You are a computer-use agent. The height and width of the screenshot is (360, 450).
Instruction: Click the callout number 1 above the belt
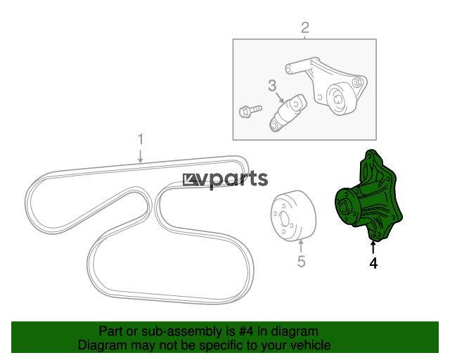pyautogui.click(x=141, y=139)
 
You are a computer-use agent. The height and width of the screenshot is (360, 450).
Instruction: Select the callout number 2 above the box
pyautogui.click(x=305, y=27)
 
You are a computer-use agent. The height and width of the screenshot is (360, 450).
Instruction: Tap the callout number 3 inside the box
pyautogui.click(x=272, y=85)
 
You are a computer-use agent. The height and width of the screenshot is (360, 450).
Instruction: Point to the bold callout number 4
pyautogui.click(x=373, y=263)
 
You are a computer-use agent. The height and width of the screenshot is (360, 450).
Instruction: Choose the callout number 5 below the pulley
pyautogui.click(x=302, y=262)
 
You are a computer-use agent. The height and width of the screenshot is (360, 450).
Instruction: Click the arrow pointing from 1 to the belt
pyautogui.click(x=141, y=156)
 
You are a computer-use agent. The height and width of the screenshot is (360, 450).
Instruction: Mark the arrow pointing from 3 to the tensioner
pyautogui.click(x=280, y=98)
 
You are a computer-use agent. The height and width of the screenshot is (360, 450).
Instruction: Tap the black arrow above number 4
pyautogui.click(x=373, y=247)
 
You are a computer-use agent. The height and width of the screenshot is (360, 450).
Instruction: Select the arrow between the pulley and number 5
pyautogui.click(x=301, y=247)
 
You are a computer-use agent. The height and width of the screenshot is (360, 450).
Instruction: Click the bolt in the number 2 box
pyautogui.click(x=250, y=111)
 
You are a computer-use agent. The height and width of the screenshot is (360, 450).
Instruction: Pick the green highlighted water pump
pyautogui.click(x=369, y=195)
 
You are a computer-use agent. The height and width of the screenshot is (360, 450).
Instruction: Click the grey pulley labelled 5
pyautogui.click(x=293, y=216)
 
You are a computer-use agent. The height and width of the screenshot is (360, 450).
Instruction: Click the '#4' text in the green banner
pyautogui.click(x=246, y=331)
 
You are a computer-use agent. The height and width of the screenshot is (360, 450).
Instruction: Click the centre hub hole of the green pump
pyautogui.click(x=344, y=207)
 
